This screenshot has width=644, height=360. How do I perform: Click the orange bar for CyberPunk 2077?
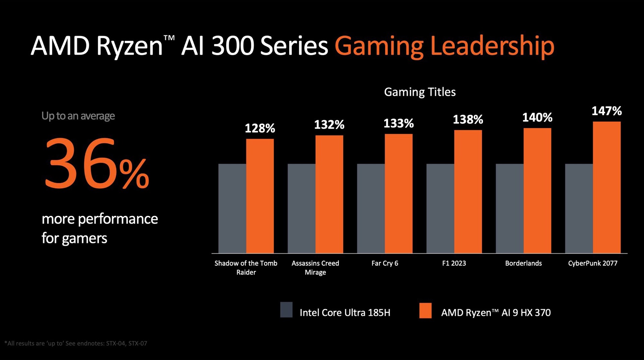606,188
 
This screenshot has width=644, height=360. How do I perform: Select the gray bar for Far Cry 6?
371,208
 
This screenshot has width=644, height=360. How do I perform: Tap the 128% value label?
260,128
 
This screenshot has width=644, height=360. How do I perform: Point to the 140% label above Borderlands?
537,117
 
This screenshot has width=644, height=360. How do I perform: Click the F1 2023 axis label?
454,263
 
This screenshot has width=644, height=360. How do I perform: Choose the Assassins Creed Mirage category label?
315,267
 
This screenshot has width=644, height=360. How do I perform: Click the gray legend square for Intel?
286,310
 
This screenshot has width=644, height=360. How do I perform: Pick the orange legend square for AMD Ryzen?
425,310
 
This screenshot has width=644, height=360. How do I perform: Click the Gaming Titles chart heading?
420,92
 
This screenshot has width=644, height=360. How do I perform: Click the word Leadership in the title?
492,46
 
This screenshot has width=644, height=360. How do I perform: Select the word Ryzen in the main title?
129,46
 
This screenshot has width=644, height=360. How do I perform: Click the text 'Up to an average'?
78,116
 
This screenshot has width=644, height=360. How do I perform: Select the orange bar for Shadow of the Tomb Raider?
260,196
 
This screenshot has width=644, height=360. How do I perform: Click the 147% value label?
606,111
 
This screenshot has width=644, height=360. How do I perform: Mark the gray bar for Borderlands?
509,208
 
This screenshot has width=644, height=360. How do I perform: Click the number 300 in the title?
232,46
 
